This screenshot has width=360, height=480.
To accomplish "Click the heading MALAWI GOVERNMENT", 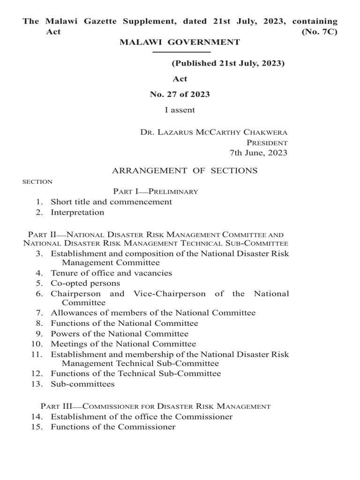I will [180, 42].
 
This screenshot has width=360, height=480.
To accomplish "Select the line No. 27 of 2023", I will [180, 94].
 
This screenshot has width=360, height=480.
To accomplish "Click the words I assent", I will [180, 110].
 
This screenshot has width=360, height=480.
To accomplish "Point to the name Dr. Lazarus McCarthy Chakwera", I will [214, 132].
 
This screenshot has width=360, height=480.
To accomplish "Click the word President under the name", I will [267, 142].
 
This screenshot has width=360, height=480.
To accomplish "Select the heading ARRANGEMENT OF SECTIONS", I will [185, 171].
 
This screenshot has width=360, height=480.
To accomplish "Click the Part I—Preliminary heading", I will [155, 191].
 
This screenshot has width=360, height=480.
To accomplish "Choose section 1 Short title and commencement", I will [111, 202].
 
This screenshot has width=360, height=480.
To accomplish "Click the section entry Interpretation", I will [77, 212].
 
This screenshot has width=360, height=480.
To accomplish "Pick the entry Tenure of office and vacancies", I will [111, 273].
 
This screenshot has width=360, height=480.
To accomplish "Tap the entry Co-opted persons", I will [85, 283].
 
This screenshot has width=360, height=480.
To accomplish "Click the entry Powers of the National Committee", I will [120, 334].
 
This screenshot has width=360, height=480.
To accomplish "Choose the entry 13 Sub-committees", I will [82, 384].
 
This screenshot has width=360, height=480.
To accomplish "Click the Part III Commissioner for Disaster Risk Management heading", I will [155, 406].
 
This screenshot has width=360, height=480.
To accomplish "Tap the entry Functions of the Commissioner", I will [113, 427].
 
